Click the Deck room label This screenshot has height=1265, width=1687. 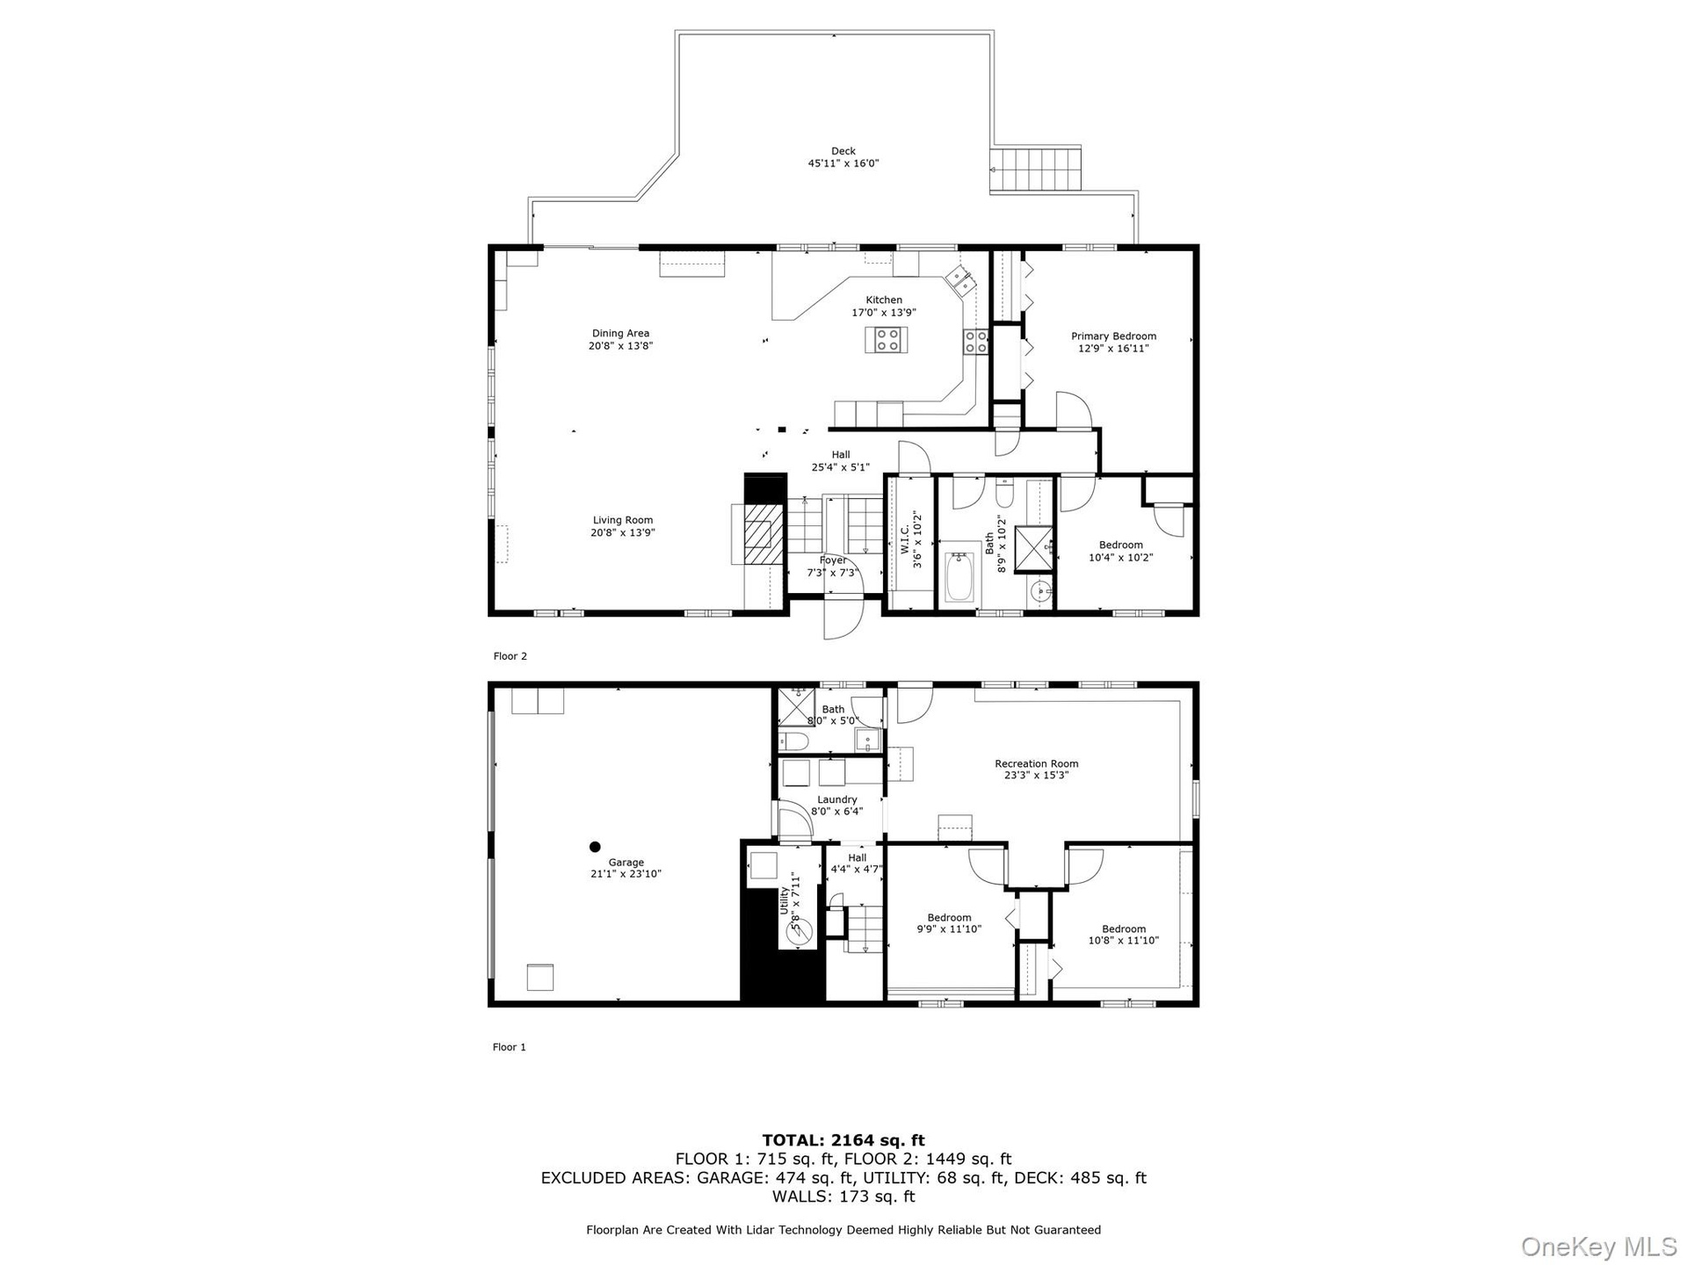pyautogui.click(x=843, y=157)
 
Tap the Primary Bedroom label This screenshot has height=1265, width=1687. pyautogui.click(x=1113, y=343)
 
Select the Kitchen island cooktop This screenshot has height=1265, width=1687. pyautogui.click(x=887, y=339)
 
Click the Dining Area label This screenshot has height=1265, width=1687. pyautogui.click(x=620, y=339)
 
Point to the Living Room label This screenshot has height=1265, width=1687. pyautogui.click(x=623, y=526)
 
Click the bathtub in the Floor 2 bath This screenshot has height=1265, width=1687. pyautogui.click(x=960, y=577)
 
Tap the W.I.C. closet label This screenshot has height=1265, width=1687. pyautogui.click(x=911, y=539)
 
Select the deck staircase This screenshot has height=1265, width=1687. pyautogui.click(x=1035, y=170)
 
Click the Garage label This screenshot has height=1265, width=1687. pyautogui.click(x=626, y=868)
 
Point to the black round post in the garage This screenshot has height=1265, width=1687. pyautogui.click(x=595, y=847)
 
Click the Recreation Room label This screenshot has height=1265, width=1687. pyautogui.click(x=1037, y=770)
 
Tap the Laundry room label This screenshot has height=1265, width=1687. pyautogui.click(x=836, y=806)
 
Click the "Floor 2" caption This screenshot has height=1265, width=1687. pyautogui.click(x=510, y=656)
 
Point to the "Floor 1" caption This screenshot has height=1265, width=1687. pyautogui.click(x=509, y=1047)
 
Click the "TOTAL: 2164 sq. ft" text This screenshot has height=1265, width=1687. pyautogui.click(x=843, y=1141)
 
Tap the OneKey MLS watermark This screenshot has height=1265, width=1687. pyautogui.click(x=1598, y=1246)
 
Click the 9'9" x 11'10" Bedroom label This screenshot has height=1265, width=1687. pyautogui.click(x=949, y=923)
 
